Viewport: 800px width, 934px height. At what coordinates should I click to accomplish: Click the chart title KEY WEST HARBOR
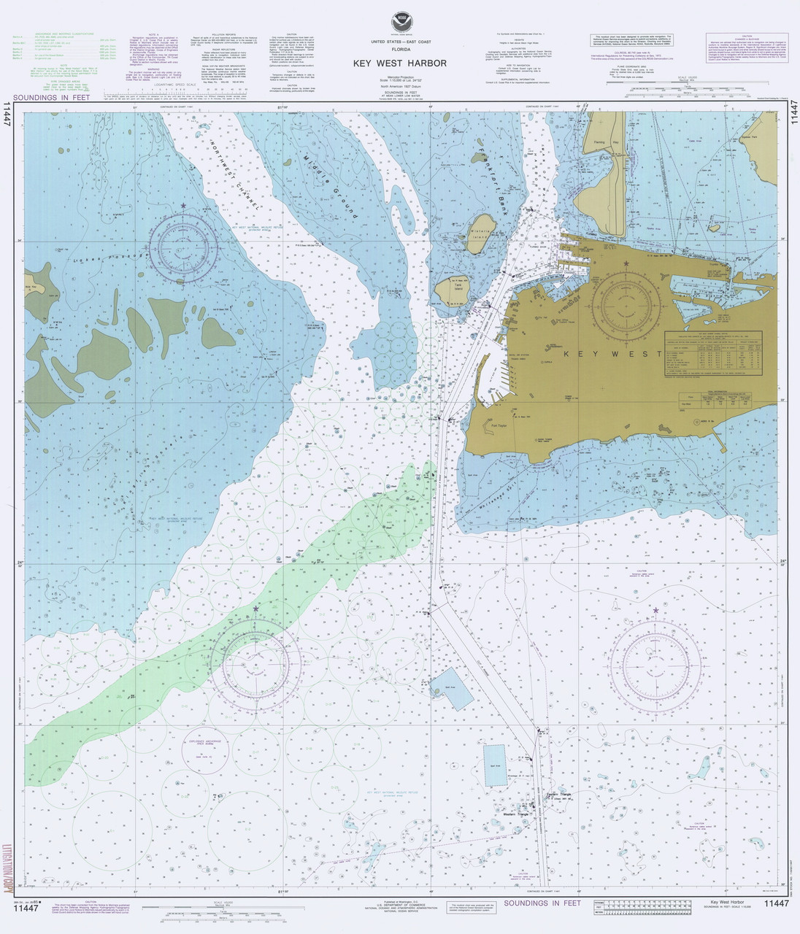pos(399,63)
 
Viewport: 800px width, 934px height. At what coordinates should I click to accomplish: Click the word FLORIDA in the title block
pos(399,52)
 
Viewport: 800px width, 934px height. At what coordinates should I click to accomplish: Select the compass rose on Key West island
pos(626,306)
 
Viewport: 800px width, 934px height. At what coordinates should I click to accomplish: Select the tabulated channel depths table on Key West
pos(712,354)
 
